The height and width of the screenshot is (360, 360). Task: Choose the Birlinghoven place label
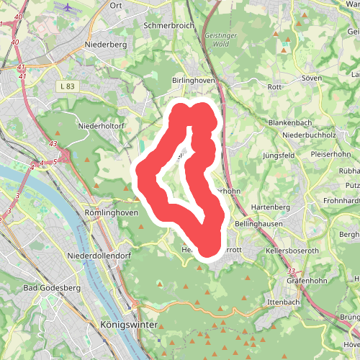coord(194,81)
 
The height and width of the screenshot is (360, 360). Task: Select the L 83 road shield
coord(67,86)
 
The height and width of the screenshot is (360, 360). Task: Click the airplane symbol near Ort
coord(68,9)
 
